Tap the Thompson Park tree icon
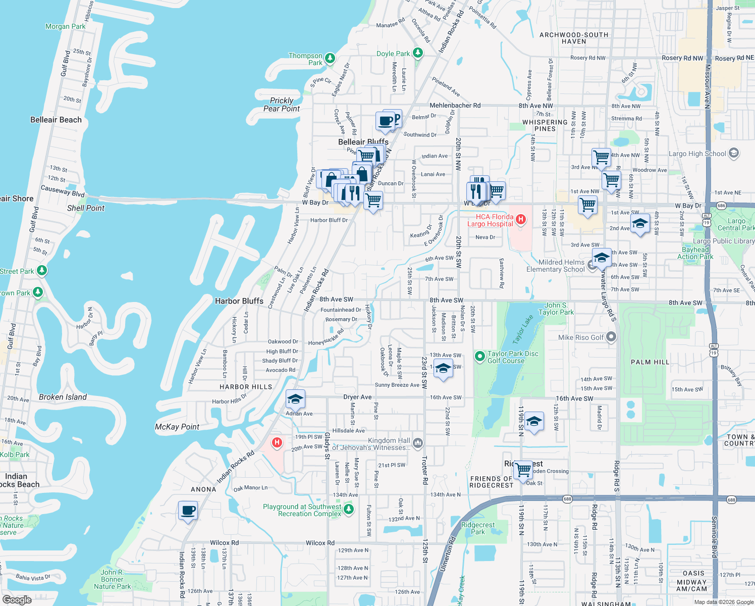(x=330, y=59)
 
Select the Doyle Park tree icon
(x=417, y=53)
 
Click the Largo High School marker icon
(x=734, y=153)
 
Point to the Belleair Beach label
(x=56, y=120)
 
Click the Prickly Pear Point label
(x=282, y=105)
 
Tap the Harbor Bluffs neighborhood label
(x=239, y=301)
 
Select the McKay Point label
(x=177, y=427)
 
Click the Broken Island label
(x=63, y=397)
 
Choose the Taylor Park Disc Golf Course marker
(x=480, y=357)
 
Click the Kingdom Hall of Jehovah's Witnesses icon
(x=417, y=443)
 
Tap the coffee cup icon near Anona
(x=188, y=511)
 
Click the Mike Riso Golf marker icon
(x=611, y=337)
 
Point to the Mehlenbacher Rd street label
(x=455, y=106)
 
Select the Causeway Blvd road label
(x=63, y=191)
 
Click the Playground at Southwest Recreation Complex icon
(x=349, y=510)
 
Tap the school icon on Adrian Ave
(x=295, y=399)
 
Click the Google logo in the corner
(x=17, y=600)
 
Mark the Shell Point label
(x=86, y=208)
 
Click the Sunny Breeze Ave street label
(x=397, y=385)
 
